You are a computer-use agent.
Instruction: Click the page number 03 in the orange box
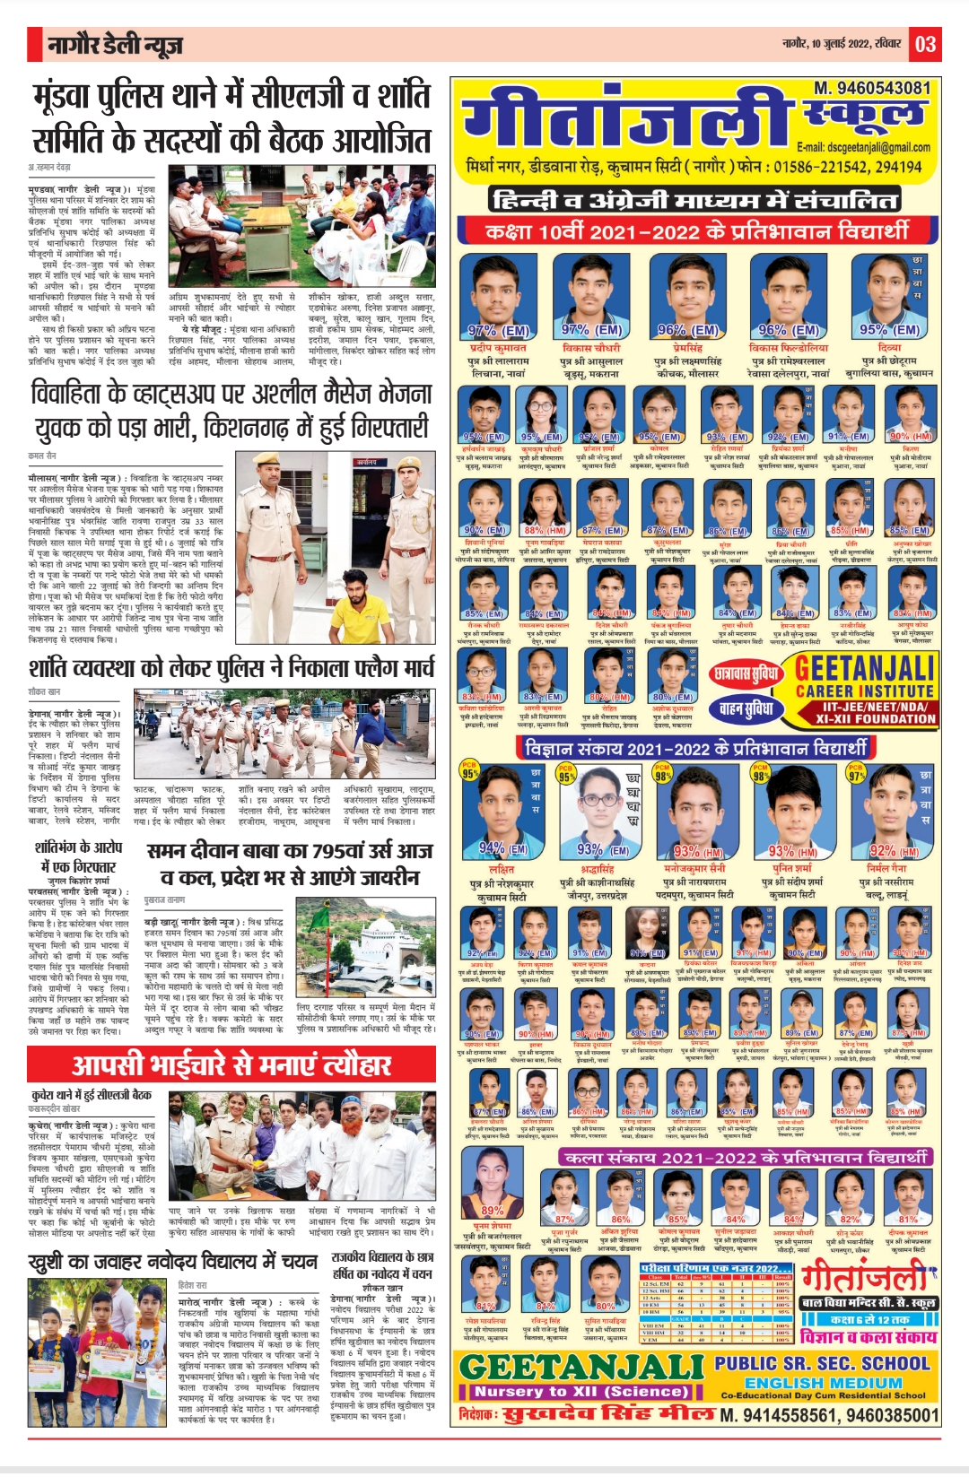(x=925, y=43)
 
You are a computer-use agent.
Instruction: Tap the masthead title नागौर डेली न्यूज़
(x=115, y=45)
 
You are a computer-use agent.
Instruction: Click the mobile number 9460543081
(x=871, y=88)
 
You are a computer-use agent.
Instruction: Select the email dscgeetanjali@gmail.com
(x=863, y=147)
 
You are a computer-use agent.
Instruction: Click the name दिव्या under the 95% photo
(x=889, y=347)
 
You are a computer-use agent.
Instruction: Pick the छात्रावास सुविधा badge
(x=746, y=673)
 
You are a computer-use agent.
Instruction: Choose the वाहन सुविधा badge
(x=746, y=709)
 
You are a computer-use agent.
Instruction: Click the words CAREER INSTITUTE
(x=864, y=691)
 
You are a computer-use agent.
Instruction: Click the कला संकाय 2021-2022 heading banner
(x=744, y=1157)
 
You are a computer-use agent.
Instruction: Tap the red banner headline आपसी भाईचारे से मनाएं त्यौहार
(x=231, y=1064)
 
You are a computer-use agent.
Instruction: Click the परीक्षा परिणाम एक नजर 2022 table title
(x=710, y=1269)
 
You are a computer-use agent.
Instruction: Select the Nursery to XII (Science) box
(x=581, y=1392)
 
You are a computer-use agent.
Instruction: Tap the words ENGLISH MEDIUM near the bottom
(x=823, y=1383)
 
